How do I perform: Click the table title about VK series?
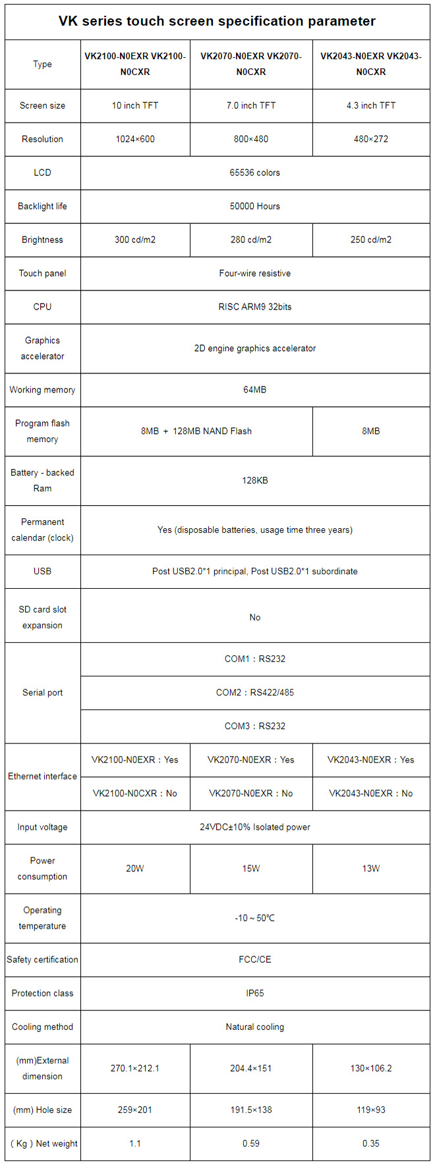[x=217, y=21]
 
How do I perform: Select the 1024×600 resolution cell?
[x=135, y=139]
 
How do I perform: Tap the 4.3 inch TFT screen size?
[x=371, y=105]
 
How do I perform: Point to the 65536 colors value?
[x=255, y=173]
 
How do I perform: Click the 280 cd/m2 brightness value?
[x=251, y=240]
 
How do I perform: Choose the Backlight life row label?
[x=42, y=206]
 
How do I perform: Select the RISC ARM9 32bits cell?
[x=255, y=307]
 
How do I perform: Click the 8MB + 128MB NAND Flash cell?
[x=196, y=431]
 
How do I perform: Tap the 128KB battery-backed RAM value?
[x=255, y=481]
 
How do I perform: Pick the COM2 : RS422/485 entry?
[x=255, y=692]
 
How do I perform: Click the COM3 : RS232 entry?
[x=255, y=726]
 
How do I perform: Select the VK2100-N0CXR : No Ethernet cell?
[x=135, y=793]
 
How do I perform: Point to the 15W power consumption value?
[x=251, y=869]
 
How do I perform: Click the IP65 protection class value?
[x=255, y=993]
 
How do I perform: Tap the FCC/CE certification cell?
[x=255, y=960]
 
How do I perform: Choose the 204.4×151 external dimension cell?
[x=251, y=1068]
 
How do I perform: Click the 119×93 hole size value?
[x=371, y=1110]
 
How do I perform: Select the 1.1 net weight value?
[x=135, y=1143]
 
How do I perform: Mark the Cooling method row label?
[x=42, y=1027]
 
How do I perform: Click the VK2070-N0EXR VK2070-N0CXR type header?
[x=251, y=65]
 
